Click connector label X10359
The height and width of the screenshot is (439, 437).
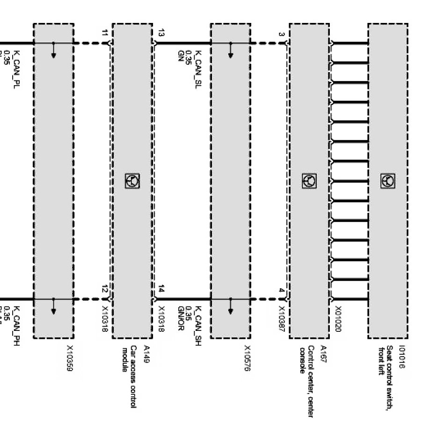[70, 359]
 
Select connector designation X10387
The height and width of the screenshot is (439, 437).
[282, 319]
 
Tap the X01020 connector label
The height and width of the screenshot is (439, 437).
[338, 319]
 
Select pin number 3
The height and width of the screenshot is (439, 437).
[281, 34]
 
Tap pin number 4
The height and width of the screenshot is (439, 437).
[281, 291]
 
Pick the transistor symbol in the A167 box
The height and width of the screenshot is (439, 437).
[309, 181]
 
